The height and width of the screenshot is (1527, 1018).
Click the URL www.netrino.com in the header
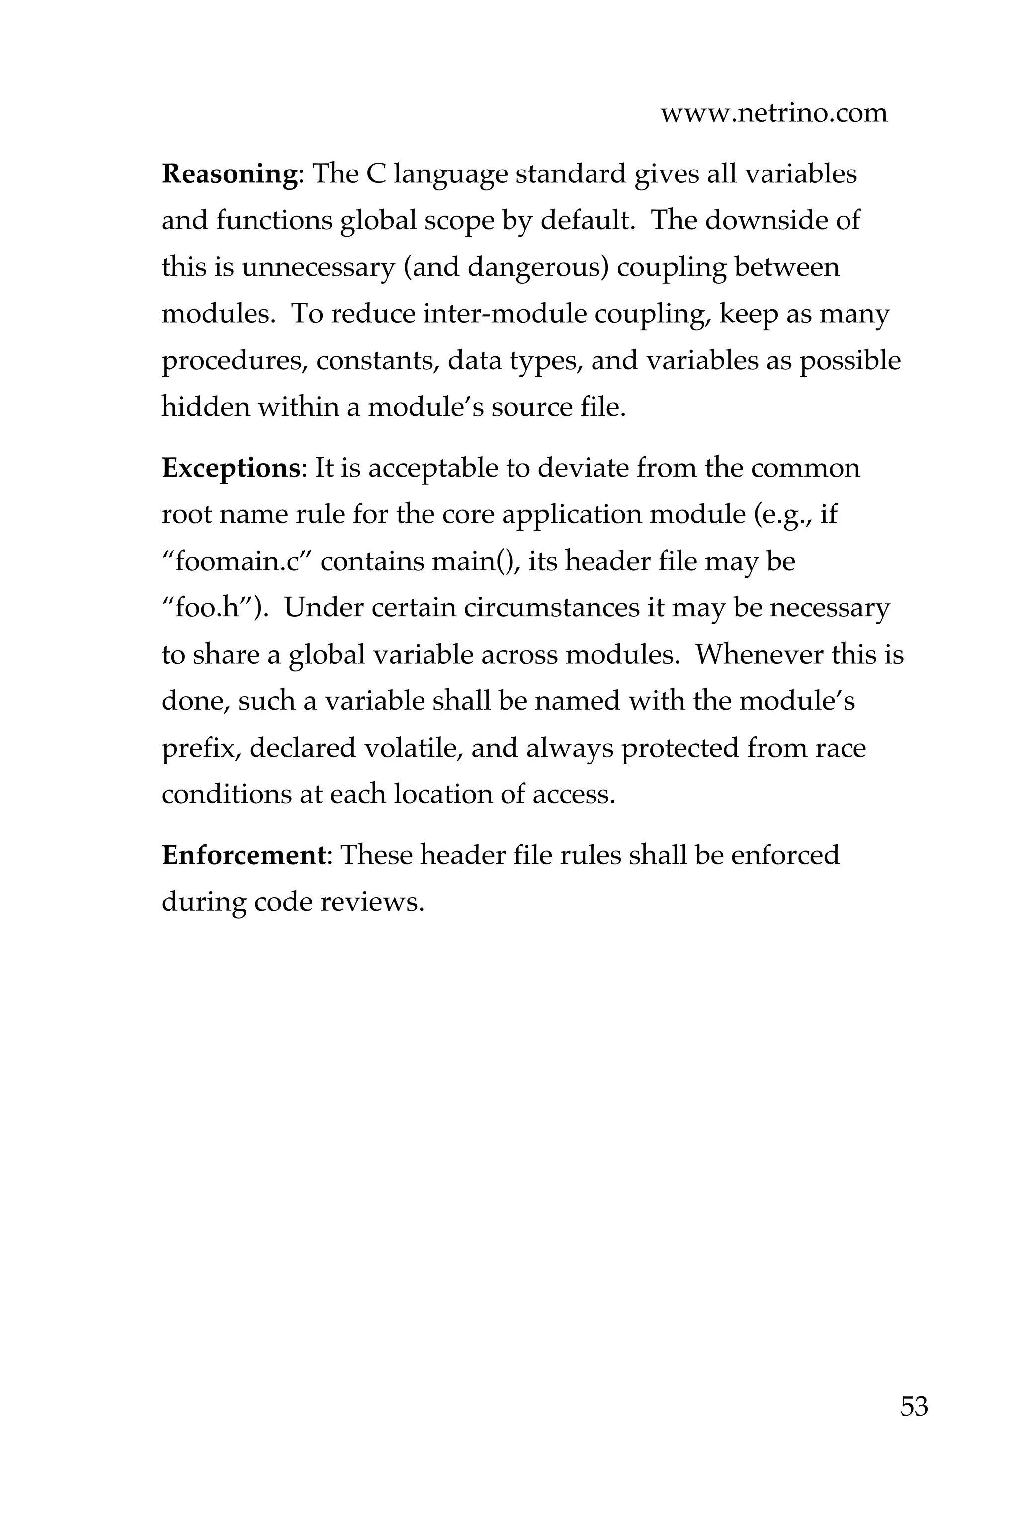tap(773, 114)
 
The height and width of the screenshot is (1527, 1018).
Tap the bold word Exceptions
tap(231, 468)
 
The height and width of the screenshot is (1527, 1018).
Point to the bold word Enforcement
tap(243, 855)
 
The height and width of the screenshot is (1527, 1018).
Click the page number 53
tap(914, 1406)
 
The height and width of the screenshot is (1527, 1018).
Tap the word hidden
tap(205, 407)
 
